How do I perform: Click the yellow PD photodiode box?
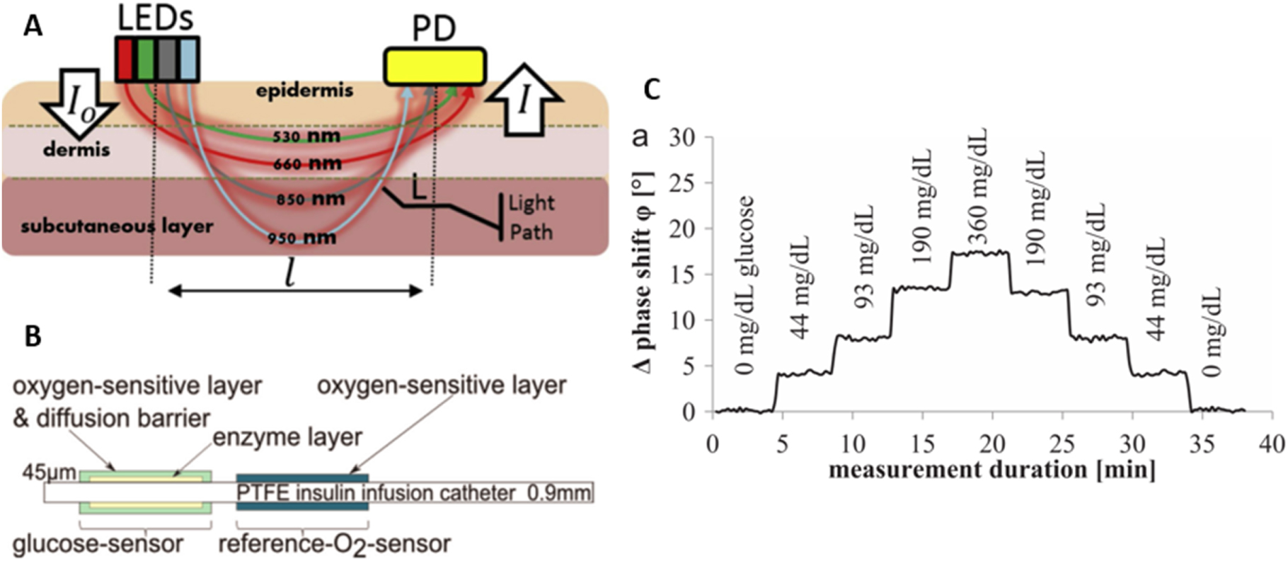pos(435,66)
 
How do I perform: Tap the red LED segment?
pos(125,59)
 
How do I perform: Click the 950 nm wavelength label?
pos(302,238)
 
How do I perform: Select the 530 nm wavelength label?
pos(306,136)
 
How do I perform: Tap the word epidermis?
pos(306,91)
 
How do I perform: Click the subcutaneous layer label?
pos(117,226)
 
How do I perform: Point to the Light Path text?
pos(531,217)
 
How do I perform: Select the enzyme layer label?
pos(287,436)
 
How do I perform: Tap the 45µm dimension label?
pos(50,472)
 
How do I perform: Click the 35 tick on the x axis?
pos(1202,444)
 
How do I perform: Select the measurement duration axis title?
pos(991,469)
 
